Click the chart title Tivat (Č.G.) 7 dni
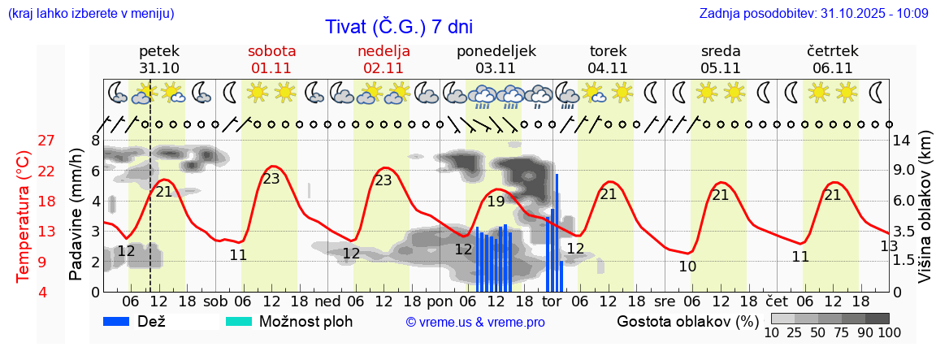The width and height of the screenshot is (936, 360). (398, 26)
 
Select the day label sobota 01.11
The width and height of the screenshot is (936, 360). (271, 59)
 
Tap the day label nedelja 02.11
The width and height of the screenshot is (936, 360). (383, 59)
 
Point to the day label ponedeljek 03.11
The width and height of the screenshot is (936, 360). (496, 59)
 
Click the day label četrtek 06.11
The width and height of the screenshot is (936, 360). (832, 59)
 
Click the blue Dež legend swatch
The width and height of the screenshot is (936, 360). (122, 321)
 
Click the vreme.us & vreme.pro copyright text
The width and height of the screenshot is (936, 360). (475, 322)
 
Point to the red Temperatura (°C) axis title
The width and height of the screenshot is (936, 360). (23, 216)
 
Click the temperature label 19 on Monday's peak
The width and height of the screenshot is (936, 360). (496, 202)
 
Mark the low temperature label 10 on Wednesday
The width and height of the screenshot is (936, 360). (687, 266)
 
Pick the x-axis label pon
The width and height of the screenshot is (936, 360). (440, 301)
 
